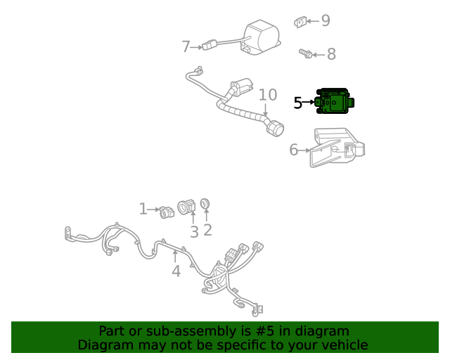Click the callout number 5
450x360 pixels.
pyautogui.click(x=298, y=103)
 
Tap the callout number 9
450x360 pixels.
pyautogui.click(x=325, y=21)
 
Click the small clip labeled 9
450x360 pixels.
pyautogui.click(x=300, y=22)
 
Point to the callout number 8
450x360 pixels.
pyautogui.click(x=331, y=54)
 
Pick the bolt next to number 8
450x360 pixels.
pyautogui.click(x=305, y=53)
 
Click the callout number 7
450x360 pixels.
pyautogui.click(x=186, y=47)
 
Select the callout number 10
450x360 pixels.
pyautogui.click(x=267, y=95)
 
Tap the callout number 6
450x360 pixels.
pyautogui.click(x=294, y=149)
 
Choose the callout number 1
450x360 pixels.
pyautogui.click(x=143, y=209)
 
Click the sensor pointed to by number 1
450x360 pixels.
pyautogui.click(x=167, y=211)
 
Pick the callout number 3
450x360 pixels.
pyautogui.click(x=194, y=231)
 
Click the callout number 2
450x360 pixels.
pyautogui.click(x=207, y=230)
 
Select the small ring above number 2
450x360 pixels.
pyautogui.click(x=205, y=204)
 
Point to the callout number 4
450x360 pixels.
pyautogui.click(x=176, y=271)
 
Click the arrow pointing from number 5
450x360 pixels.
pyautogui.click(x=309, y=103)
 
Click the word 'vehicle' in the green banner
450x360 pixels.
pyautogui.click(x=344, y=345)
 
